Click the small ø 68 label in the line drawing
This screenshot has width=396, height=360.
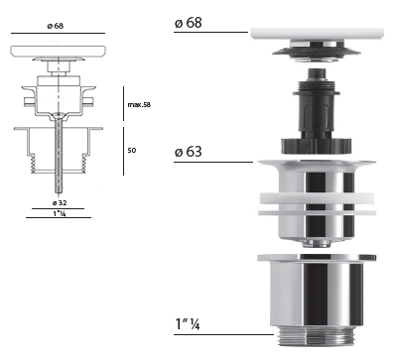(x=56, y=26)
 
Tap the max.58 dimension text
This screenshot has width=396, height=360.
(x=139, y=105)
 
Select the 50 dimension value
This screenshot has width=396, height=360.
(x=132, y=151)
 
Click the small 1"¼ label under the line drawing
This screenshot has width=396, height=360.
(x=60, y=213)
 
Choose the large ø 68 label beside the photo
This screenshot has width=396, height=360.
(x=188, y=23)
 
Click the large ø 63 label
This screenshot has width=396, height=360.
(x=188, y=152)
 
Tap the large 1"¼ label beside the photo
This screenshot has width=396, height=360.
(x=188, y=323)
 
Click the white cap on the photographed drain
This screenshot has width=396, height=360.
(x=318, y=34)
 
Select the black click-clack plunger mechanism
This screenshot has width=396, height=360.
(x=316, y=111)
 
